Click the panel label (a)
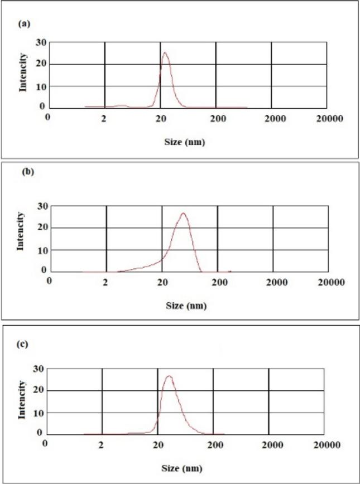(x=24, y=24)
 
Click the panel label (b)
(x=27, y=172)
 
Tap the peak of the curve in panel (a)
(x=165, y=53)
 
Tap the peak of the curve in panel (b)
(x=183, y=213)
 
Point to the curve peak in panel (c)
(x=169, y=376)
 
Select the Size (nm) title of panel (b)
(x=186, y=306)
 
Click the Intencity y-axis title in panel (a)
(x=23, y=71)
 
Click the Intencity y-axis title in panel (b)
(x=21, y=230)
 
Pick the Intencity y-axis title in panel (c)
(x=22, y=399)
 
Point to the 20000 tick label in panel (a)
(x=326, y=118)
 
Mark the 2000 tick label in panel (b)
(x=272, y=282)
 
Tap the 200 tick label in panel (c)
(x=214, y=445)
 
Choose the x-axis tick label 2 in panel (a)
(x=104, y=118)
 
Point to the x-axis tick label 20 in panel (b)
(x=162, y=282)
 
